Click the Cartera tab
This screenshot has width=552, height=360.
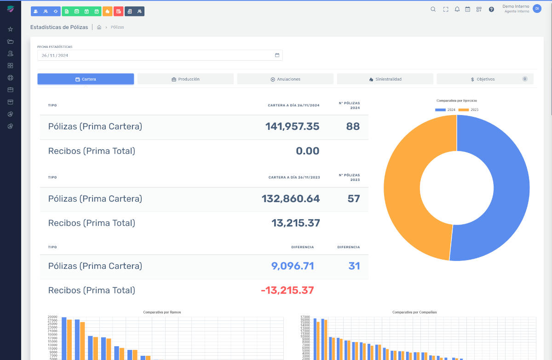86,79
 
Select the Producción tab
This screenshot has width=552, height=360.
185,79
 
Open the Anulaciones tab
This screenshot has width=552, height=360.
285,79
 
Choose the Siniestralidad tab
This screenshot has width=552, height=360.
385,79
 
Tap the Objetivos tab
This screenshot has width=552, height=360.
485,79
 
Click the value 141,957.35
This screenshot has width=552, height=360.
292,126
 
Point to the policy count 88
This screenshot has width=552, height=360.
353,126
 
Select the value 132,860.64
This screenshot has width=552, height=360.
291,198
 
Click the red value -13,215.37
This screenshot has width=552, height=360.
287,290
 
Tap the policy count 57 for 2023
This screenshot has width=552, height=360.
353,198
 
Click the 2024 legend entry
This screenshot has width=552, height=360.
445,110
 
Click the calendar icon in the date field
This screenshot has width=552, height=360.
277,55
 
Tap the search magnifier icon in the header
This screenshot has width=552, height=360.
433,9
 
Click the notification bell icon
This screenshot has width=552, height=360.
457,9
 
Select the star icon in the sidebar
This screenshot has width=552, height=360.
11,29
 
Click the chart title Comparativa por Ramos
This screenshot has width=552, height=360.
162,312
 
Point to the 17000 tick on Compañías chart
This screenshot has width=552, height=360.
305,317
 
